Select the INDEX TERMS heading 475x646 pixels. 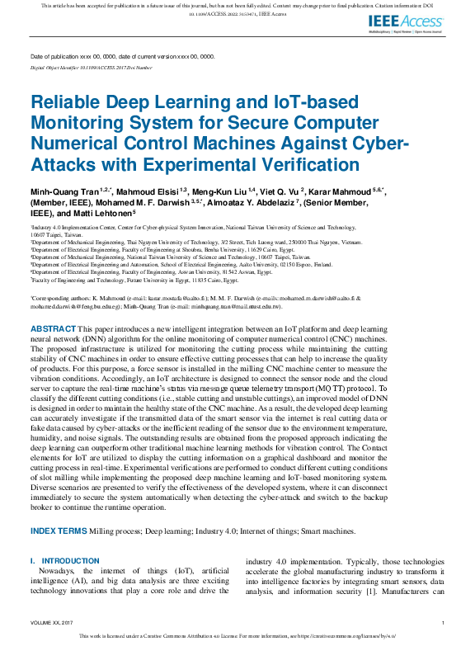point(60,530)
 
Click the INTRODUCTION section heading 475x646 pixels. point(70,561)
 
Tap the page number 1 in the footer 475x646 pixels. point(444,622)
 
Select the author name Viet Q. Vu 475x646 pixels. point(282,191)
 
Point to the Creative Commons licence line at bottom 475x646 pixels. point(237,636)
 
